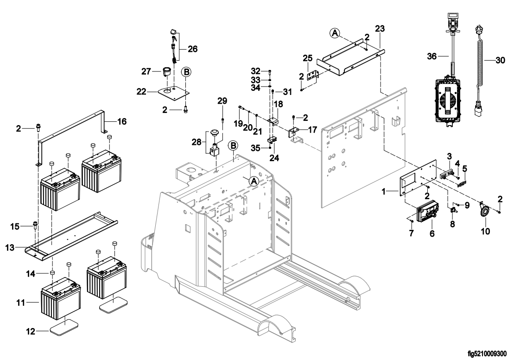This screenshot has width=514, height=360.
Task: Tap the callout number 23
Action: pos(380,29)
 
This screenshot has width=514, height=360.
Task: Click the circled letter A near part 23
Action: pos(335,32)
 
